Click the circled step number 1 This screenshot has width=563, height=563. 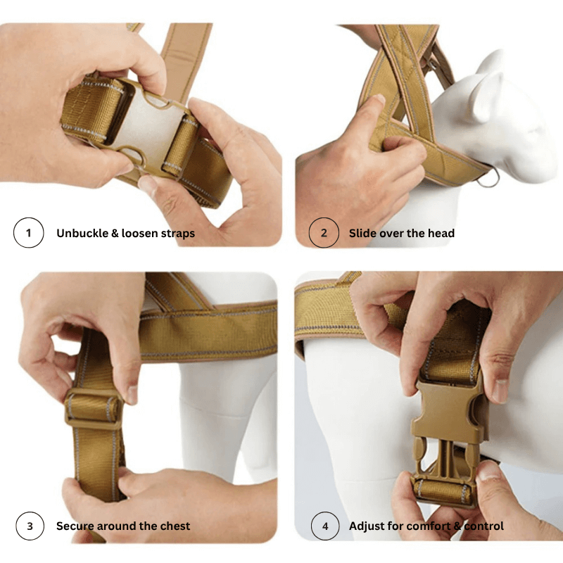29,233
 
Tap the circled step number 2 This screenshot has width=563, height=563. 324,233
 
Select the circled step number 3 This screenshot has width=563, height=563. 29,526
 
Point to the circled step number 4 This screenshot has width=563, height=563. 324,526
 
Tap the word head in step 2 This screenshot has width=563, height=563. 441,233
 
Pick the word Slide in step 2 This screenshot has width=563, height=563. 363,233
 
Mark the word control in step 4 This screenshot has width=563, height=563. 483,526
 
